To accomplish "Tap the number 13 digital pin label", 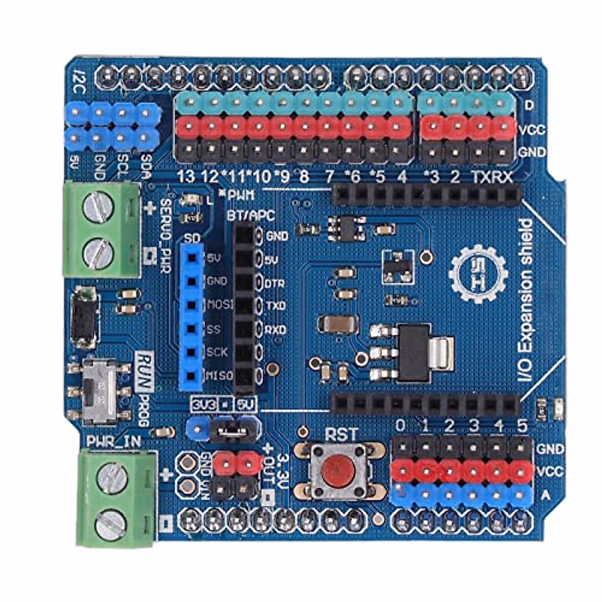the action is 187,177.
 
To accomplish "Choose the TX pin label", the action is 479,177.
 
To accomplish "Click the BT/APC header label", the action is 251,216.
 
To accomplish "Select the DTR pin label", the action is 275,283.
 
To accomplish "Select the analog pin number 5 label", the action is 522,426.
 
